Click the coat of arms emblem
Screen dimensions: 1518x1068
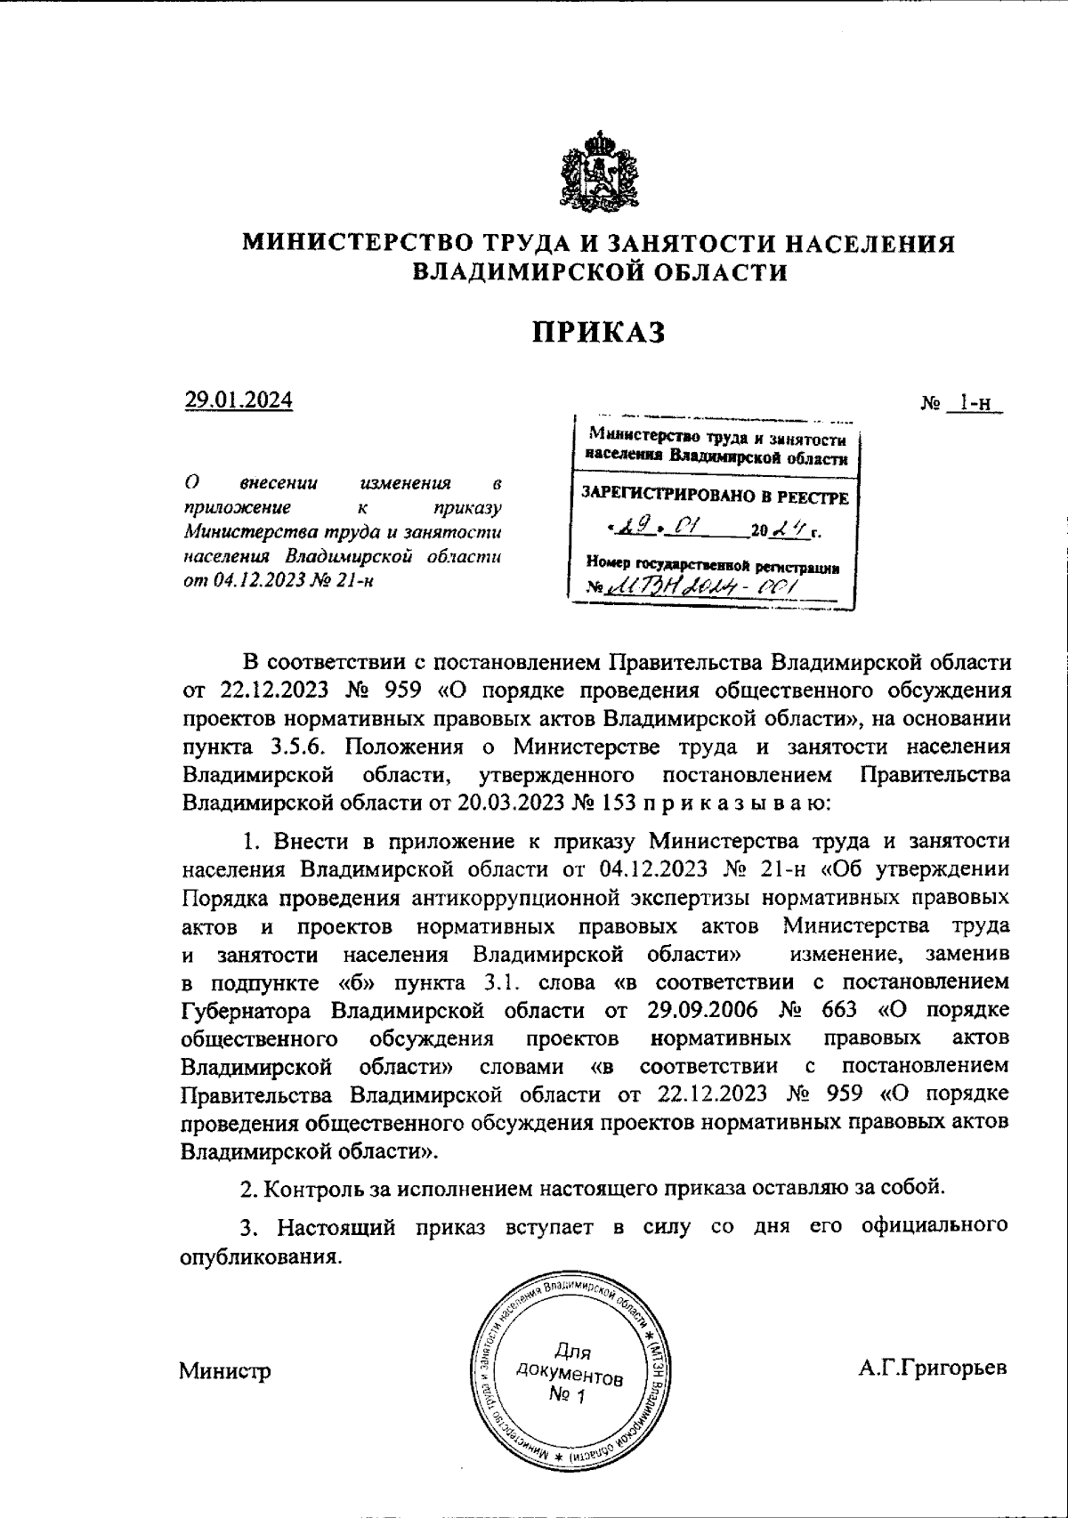point(600,173)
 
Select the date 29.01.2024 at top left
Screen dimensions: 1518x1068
point(238,400)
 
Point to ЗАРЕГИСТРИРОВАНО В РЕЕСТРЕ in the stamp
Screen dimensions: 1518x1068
point(715,496)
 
